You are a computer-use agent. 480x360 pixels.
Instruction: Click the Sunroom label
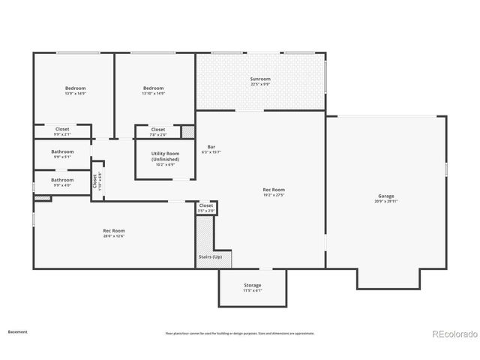[260, 79]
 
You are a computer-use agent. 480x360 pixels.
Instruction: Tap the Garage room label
[385, 196]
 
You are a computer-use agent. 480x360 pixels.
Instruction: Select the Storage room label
[253, 285]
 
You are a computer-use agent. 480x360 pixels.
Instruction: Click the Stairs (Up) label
[210, 257]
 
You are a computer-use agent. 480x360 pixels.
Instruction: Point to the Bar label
[211, 146]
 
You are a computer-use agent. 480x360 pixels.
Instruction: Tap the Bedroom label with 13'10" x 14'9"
[154, 88]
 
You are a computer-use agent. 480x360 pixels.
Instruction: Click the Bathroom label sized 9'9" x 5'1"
[62, 151]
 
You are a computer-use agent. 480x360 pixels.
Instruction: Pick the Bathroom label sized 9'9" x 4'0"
[62, 180]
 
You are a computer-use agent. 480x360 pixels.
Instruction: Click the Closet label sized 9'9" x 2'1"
[62, 129]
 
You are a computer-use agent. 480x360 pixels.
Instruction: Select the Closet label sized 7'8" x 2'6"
[158, 129]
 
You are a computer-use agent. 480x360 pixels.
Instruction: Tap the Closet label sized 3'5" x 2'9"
[206, 205]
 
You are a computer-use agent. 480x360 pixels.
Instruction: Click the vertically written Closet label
[94, 181]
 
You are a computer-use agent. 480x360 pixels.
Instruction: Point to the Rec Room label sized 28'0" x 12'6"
[114, 231]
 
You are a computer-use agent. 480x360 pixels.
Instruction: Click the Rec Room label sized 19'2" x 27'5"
[273, 190]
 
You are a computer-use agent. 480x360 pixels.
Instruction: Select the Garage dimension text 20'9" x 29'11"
[385, 202]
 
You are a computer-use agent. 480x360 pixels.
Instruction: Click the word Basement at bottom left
[18, 331]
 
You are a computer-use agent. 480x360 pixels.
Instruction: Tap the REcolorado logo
[453, 333]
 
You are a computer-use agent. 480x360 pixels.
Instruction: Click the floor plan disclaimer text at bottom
[240, 333]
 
